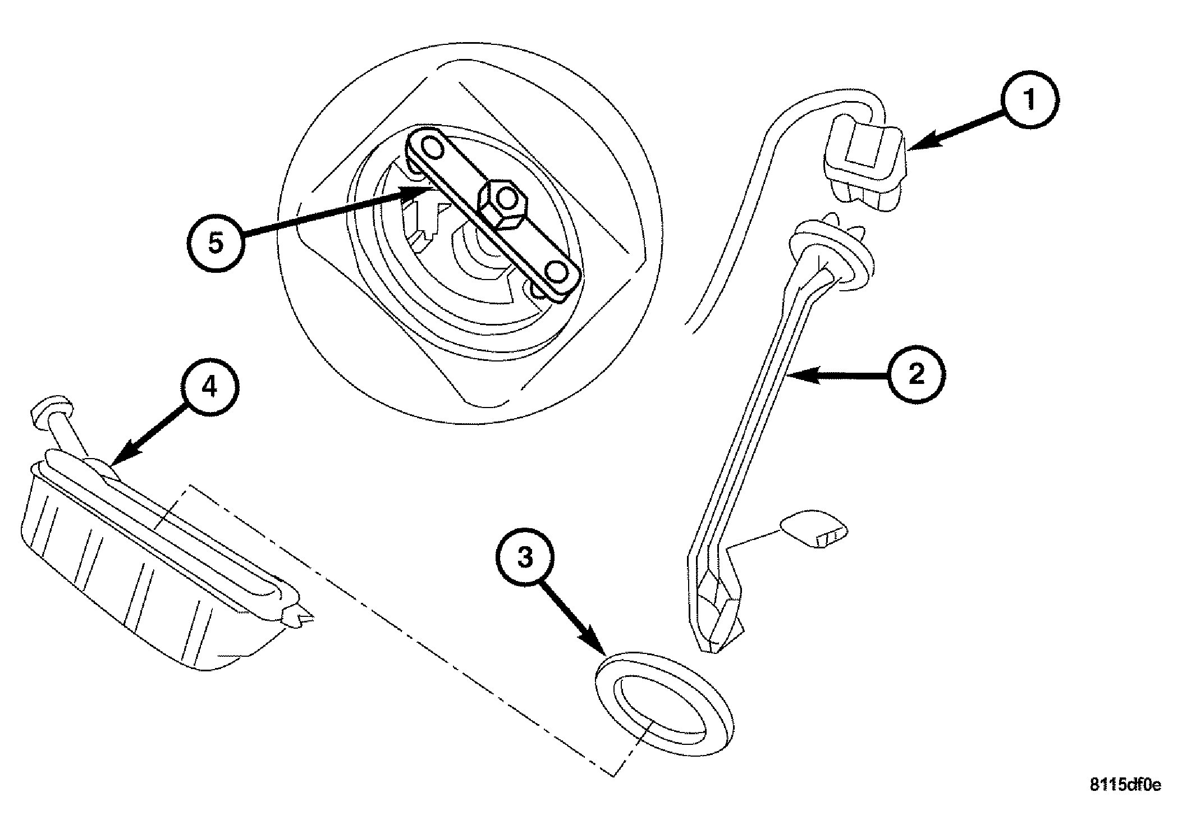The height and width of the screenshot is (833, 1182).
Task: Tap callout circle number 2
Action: click(x=916, y=375)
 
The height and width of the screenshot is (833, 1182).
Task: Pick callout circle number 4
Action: click(x=210, y=387)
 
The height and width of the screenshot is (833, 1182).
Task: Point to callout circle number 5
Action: click(x=216, y=244)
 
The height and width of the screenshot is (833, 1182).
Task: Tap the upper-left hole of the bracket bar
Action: click(x=432, y=148)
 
